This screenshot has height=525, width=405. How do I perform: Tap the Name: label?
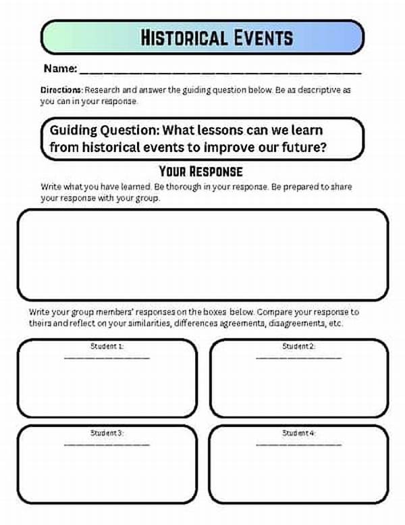coord(59,69)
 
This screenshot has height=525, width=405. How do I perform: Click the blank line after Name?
coord(219,72)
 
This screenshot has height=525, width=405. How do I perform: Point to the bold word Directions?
coord(61,90)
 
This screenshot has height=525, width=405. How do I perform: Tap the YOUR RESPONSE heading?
coord(200,170)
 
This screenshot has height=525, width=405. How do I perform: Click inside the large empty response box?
coord(202,253)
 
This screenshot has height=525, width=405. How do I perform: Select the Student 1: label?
coord(107,347)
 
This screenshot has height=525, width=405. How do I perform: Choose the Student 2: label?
coord(298,347)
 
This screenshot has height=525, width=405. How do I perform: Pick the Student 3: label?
coord(107,433)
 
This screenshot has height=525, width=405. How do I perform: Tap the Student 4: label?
coord(298,433)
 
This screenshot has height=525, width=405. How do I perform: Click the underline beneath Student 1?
coord(107,357)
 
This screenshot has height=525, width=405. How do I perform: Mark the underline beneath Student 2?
coord(298,357)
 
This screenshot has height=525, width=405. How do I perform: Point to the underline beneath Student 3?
coord(107,444)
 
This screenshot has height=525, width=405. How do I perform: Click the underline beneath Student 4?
coord(298,444)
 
